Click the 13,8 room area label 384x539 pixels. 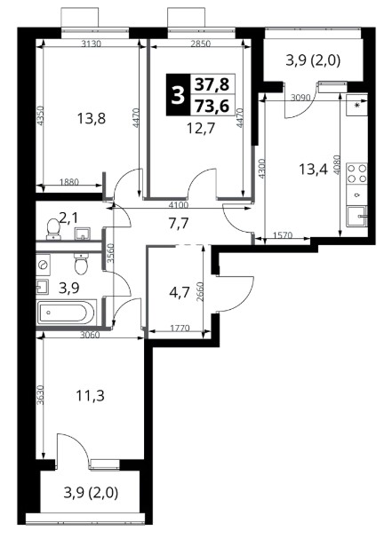click(x=92, y=119)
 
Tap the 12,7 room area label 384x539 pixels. click(x=201, y=129)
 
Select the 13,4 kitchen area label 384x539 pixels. click(x=313, y=169)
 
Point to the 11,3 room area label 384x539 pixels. click(x=90, y=396)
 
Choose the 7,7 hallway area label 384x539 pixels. click(x=179, y=224)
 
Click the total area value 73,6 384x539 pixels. click(x=212, y=106)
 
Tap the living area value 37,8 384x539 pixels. click(x=212, y=84)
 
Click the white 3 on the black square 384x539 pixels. click(x=179, y=95)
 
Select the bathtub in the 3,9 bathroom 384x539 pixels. click(x=66, y=313)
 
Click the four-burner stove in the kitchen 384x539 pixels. click(x=356, y=173)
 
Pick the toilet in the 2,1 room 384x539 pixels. click(x=53, y=229)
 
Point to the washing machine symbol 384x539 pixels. click(x=43, y=265)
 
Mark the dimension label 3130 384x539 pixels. click(x=92, y=44)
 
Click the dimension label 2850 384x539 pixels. click(x=201, y=44)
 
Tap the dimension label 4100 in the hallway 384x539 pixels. click(x=179, y=205)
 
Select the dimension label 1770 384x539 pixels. click(x=180, y=329)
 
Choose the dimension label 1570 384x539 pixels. click(x=283, y=235)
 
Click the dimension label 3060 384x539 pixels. click(x=90, y=335)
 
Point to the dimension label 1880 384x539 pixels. click(x=69, y=182)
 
